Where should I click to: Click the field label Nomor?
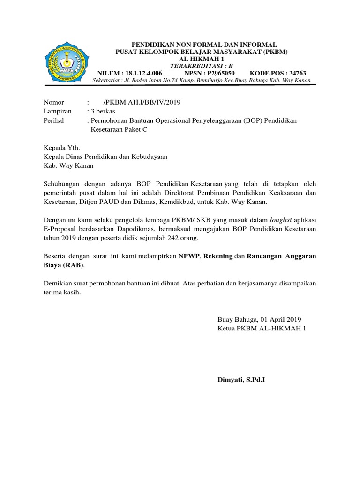pos(53,102)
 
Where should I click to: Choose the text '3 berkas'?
pos(103,112)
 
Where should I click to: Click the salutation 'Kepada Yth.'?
pos(59,148)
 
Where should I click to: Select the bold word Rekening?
pos(217,256)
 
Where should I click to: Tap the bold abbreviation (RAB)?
pos(72,265)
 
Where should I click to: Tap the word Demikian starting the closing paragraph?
pos(58,284)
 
